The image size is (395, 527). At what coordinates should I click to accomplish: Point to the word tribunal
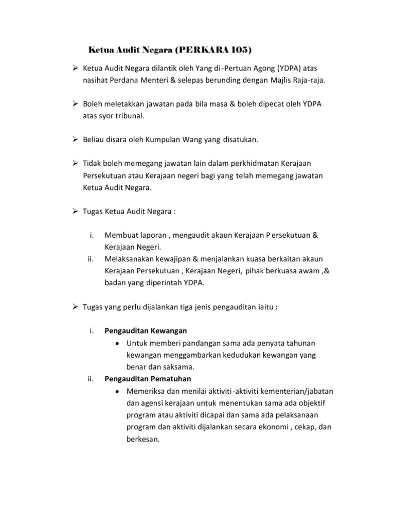click(x=129, y=116)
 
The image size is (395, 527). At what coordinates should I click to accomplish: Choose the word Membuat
click(x=121, y=235)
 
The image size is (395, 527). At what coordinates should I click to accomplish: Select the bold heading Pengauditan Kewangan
click(x=146, y=330)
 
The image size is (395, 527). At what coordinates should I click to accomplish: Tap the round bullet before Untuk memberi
click(x=118, y=343)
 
